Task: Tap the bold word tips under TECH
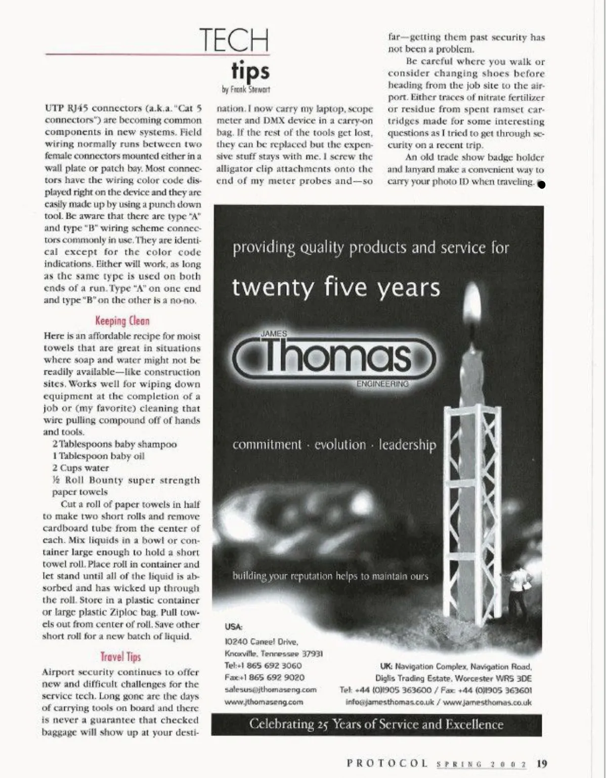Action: coord(250,71)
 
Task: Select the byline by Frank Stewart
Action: coord(246,89)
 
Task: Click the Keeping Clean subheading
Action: coord(122,321)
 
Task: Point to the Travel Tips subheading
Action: coord(120,657)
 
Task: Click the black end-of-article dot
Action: coord(541,184)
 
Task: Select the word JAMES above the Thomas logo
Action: coord(274,334)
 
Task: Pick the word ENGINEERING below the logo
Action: coord(382,384)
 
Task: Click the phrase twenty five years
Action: coord(336,287)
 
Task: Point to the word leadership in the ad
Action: coord(407,445)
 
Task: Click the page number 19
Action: coord(542,763)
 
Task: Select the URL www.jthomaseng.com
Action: coord(264,702)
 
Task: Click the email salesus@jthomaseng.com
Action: coord(270,690)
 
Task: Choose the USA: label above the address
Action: coord(233,626)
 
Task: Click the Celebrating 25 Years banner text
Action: coord(376,724)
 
